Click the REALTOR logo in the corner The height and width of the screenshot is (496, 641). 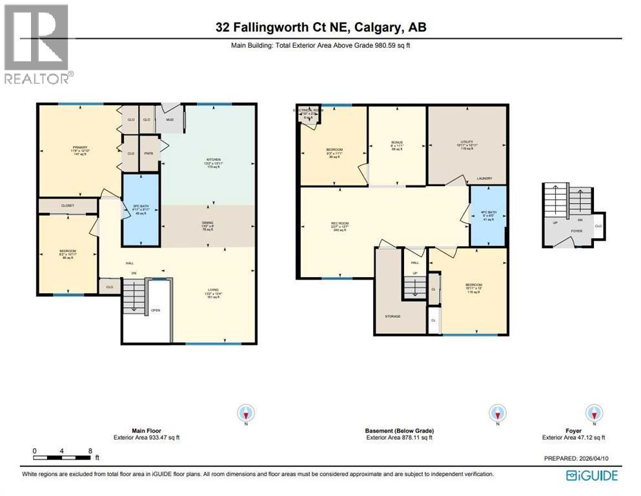pos(37,44)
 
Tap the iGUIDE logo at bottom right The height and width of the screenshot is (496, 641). pos(592,475)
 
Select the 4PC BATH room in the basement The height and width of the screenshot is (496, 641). pos(488,215)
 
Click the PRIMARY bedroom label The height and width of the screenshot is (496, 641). pos(79,147)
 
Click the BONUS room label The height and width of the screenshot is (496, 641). pos(396,141)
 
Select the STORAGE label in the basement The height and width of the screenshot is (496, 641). pos(392,316)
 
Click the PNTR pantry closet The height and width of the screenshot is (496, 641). pos(149,153)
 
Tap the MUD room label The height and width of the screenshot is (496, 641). pos(170,119)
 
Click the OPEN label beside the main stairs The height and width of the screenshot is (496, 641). pos(156,310)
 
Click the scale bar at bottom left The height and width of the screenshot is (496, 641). pos(63,458)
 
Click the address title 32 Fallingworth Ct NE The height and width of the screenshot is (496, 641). pos(320,27)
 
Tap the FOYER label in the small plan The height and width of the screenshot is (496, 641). pos(576,230)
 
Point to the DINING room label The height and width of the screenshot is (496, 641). pos(208,223)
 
